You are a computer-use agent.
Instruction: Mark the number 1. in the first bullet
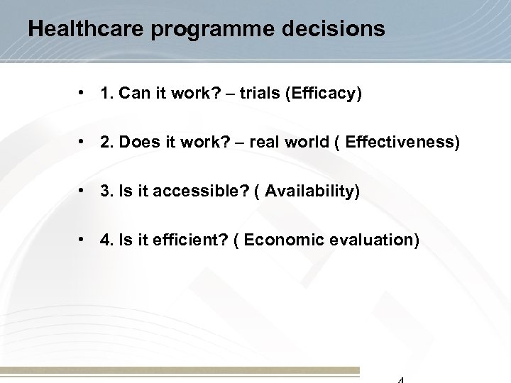[108, 94]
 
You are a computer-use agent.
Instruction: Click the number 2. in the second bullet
[108, 144]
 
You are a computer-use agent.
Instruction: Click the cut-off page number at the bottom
[400, 379]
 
